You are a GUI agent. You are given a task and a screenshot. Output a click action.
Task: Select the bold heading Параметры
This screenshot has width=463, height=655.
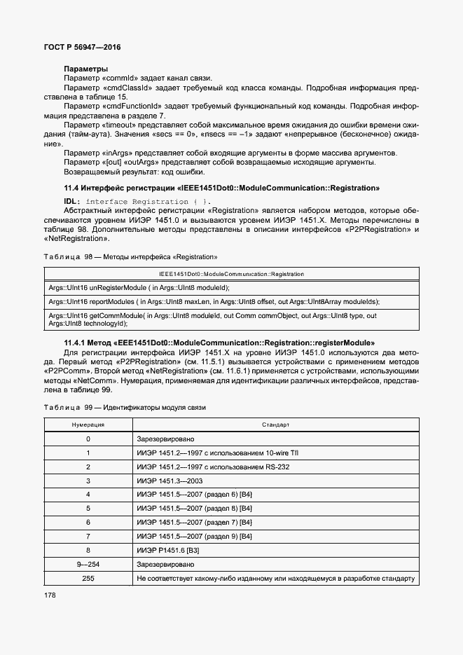click(x=85, y=69)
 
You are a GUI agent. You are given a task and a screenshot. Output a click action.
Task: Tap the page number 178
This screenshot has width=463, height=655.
click(x=50, y=595)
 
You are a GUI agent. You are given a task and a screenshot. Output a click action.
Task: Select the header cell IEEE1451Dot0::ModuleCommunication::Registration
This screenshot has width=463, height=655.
click(x=231, y=274)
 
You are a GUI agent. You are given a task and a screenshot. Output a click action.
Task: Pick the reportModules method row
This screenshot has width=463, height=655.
click(x=214, y=302)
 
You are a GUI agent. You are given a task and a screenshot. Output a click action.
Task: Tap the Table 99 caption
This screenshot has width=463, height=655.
click(x=125, y=408)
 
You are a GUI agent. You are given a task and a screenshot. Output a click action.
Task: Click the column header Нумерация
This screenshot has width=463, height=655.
click(x=88, y=425)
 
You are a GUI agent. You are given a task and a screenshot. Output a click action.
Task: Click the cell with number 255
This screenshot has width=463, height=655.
click(x=88, y=579)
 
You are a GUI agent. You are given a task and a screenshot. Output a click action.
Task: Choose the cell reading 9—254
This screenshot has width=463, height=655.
click(x=88, y=565)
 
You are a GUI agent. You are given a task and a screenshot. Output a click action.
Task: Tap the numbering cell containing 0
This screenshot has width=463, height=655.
click(x=88, y=439)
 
